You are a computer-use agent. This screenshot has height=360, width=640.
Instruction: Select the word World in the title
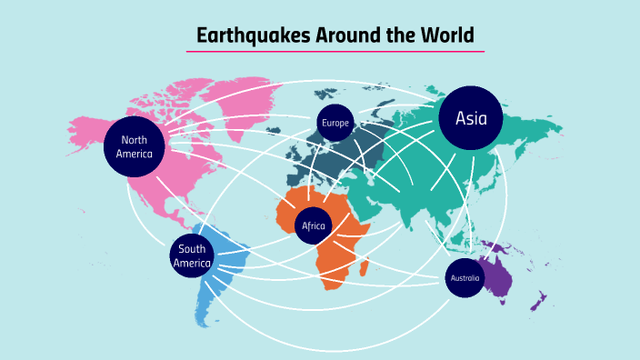point(448,36)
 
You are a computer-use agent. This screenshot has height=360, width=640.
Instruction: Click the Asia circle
point(471,118)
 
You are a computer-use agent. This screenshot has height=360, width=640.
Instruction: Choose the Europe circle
point(335,123)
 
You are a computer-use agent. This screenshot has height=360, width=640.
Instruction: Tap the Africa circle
point(313,225)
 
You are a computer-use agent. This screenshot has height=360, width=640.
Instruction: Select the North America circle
point(134,146)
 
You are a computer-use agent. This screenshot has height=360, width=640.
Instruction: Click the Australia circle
point(464,277)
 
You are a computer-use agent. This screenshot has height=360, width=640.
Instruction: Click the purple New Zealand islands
point(538,301)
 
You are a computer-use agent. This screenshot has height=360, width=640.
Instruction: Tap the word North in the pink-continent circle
point(134,140)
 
